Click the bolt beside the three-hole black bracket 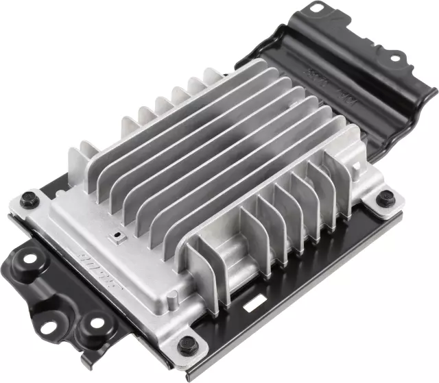[28, 201]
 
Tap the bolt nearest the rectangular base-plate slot [185, 345]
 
